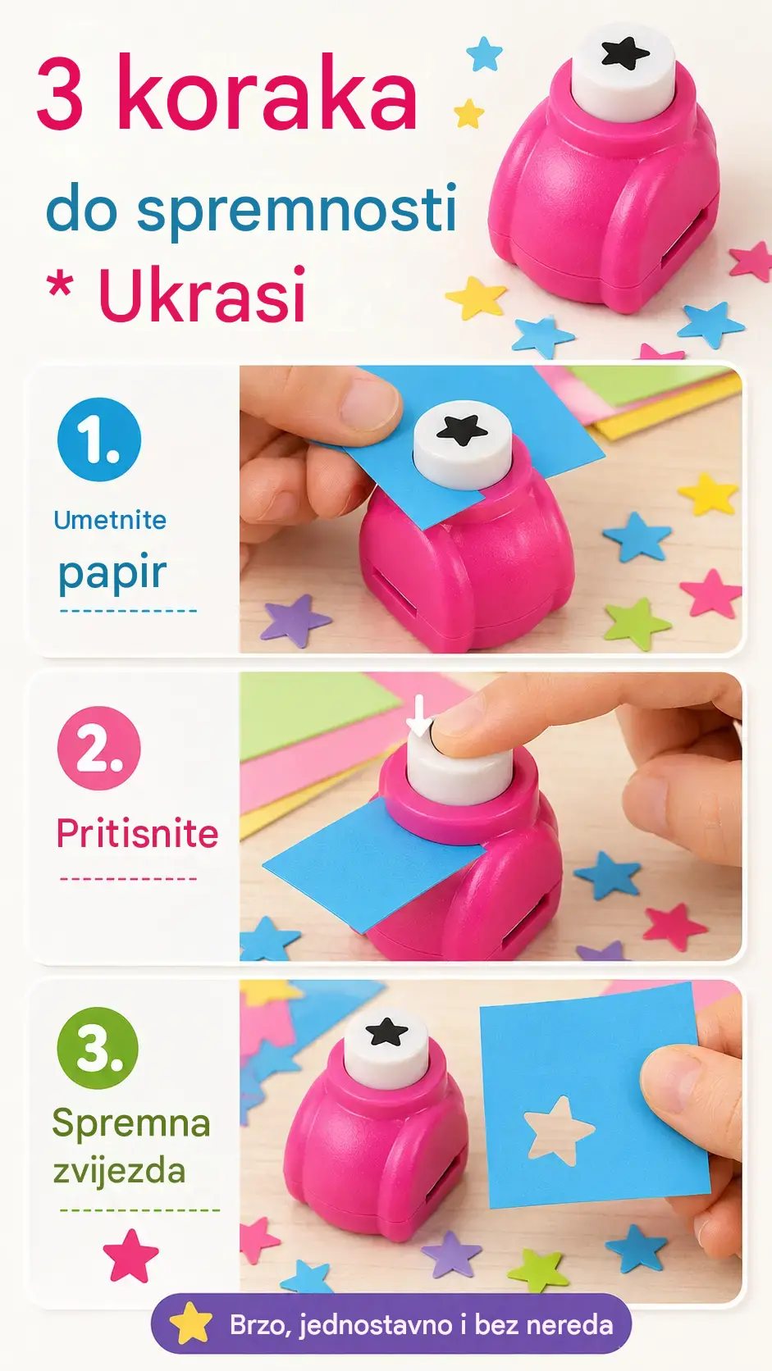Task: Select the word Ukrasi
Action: point(202,294)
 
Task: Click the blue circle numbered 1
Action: point(99,440)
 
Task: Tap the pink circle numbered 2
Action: point(99,748)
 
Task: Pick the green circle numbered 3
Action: point(98,1049)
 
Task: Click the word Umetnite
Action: point(110,520)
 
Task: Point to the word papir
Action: point(112,573)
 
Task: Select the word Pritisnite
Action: point(137,833)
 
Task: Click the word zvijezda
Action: point(120,1172)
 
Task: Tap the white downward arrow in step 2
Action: point(419,716)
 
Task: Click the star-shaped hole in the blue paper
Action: point(559,1131)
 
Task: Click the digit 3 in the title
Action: point(60,93)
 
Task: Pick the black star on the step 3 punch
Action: point(387,1032)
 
